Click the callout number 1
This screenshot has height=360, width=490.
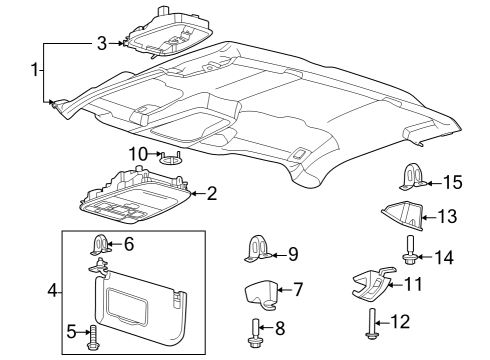pos(36,72)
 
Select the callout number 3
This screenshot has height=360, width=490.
pos(101,43)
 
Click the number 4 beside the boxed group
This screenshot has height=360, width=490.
pos(53,292)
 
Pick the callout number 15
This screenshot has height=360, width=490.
pos(454,181)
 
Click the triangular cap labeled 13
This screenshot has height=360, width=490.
pos(404,214)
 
